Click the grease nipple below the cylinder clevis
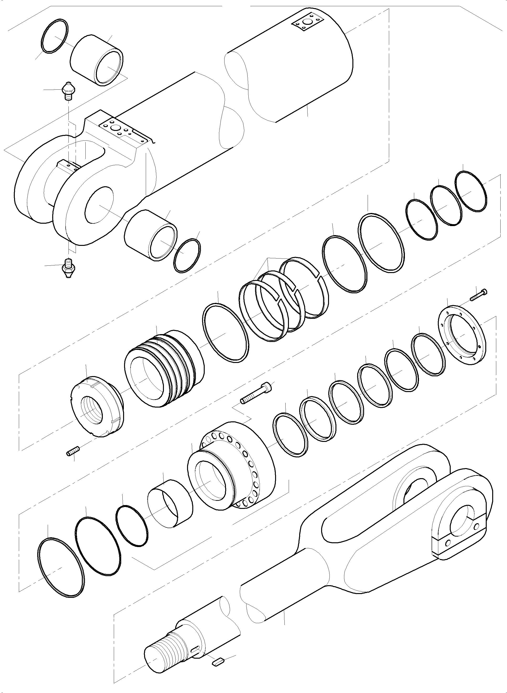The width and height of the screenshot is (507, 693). (x=68, y=268)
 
